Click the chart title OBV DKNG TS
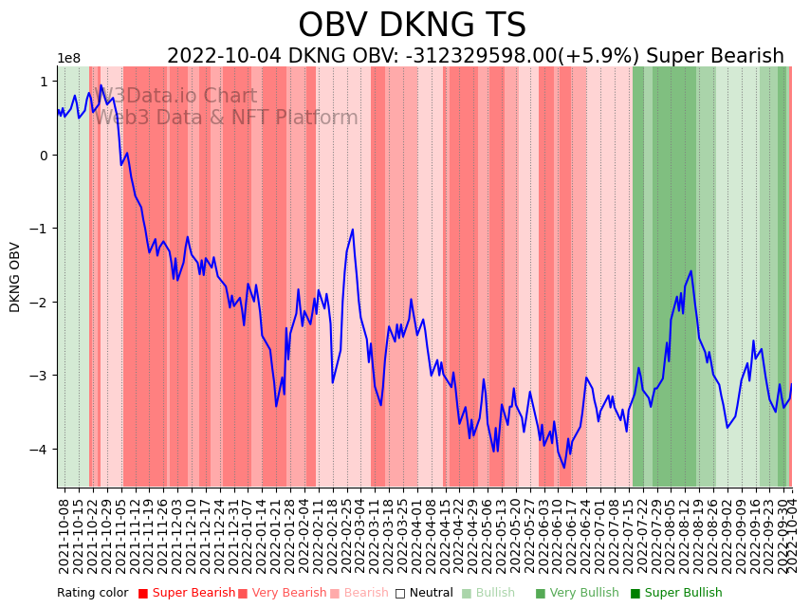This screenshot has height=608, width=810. [412, 26]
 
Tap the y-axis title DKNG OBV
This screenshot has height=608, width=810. [15, 277]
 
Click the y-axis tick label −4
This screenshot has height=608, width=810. [42, 450]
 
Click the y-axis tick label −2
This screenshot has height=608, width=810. [42, 303]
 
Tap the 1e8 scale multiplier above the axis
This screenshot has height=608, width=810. [69, 59]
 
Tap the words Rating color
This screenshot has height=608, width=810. [92, 593]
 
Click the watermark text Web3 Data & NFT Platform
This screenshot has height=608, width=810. [226, 118]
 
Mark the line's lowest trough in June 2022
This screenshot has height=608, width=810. [564, 467]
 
